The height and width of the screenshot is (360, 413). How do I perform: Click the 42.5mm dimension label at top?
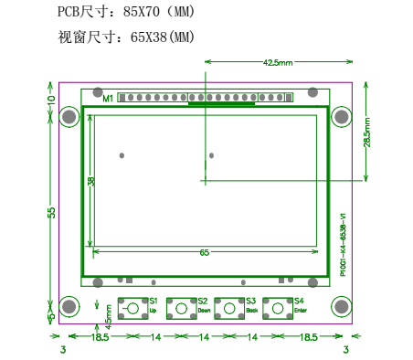click(277, 63)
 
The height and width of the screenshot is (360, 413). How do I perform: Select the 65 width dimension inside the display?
click(204, 251)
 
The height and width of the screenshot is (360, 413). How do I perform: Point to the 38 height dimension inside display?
click(91, 181)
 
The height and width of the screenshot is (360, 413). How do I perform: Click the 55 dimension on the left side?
click(52, 211)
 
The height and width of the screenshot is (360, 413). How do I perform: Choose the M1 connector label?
click(107, 98)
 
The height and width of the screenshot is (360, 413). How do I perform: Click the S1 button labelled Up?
click(133, 308)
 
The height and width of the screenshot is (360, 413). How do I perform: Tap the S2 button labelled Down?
click(182, 308)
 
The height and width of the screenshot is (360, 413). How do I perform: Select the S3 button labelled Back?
click(229, 308)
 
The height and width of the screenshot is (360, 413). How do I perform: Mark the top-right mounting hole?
click(341, 117)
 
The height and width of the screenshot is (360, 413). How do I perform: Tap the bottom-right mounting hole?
click(341, 306)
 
